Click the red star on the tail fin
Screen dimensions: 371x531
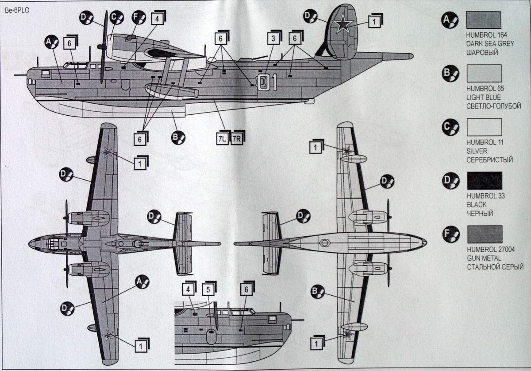click(x=342, y=26)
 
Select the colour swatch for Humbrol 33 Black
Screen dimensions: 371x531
click(x=484, y=180)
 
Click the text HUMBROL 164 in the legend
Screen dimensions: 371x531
click(x=485, y=34)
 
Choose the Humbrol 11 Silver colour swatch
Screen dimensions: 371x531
click(x=484, y=127)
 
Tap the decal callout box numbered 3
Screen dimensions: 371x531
click(x=273, y=39)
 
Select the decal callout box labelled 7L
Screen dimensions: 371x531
click(x=222, y=139)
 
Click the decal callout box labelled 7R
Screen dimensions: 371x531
click(x=237, y=139)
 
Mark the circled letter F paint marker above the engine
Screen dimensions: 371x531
click(x=139, y=16)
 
